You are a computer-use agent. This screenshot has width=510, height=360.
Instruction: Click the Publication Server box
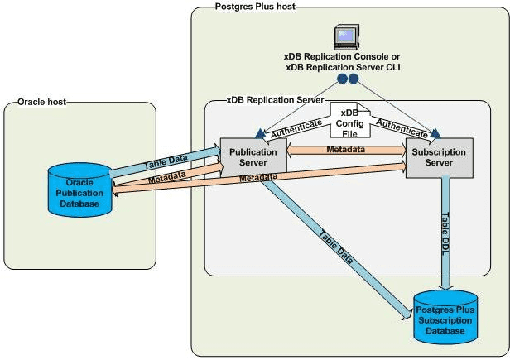[253, 157]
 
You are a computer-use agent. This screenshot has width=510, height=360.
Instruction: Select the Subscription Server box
[438, 157]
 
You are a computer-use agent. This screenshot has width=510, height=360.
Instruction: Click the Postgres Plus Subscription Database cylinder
[450, 314]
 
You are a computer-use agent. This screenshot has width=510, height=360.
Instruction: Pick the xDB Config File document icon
[346, 123]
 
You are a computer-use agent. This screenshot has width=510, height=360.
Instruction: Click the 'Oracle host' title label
[42, 103]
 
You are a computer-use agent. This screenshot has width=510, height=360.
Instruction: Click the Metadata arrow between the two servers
[345, 151]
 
